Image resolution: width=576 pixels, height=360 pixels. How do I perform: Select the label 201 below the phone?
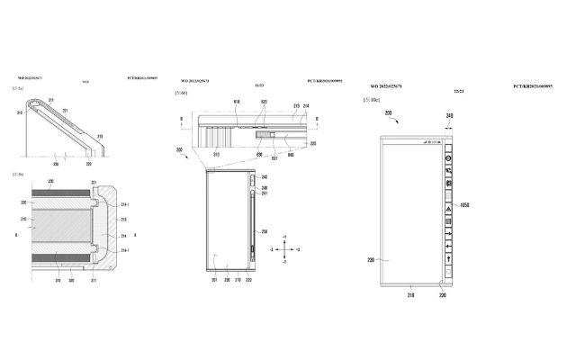[x=213, y=280]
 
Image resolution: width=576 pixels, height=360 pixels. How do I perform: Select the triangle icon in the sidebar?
[x=447, y=205]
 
